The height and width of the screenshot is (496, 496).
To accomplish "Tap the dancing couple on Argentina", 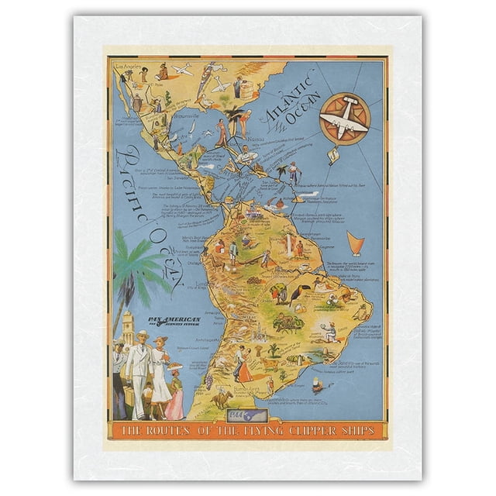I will (243, 365).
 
